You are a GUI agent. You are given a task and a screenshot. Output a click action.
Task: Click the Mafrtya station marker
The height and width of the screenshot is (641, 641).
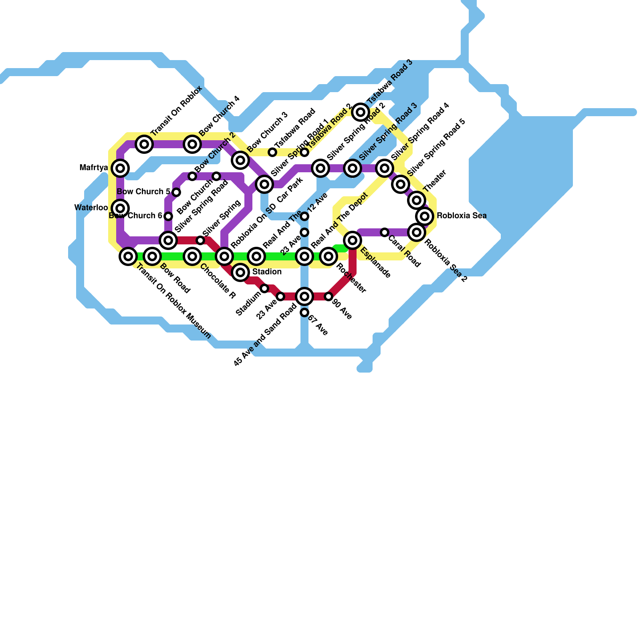[120, 168]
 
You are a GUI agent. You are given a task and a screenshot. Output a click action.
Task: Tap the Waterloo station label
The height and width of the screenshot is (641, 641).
[91, 208]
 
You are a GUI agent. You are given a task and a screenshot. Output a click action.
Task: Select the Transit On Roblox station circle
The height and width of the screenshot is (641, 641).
[144, 144]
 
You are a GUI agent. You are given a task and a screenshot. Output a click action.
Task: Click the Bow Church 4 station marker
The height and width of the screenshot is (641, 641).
[192, 144]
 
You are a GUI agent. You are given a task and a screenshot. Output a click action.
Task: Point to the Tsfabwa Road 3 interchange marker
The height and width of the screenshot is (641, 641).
[361, 112]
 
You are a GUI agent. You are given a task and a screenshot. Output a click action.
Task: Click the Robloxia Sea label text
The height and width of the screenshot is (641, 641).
[462, 216]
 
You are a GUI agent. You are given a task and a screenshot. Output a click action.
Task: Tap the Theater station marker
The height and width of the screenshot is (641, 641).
[417, 200]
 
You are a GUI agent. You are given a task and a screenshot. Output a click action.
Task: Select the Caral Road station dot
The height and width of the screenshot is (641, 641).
[385, 232]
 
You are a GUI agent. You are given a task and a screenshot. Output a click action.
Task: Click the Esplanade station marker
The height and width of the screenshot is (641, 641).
[353, 240]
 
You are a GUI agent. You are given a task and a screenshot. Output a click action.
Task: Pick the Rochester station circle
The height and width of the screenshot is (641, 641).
[329, 256]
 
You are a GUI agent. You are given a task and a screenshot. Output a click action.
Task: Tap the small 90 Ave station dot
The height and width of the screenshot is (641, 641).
[329, 296]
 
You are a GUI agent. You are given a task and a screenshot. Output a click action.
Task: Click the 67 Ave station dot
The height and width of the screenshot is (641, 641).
[304, 312]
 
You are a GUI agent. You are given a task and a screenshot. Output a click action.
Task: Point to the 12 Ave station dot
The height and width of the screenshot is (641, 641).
[304, 216]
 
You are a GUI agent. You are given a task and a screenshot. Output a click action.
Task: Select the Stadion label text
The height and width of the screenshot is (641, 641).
[267, 272]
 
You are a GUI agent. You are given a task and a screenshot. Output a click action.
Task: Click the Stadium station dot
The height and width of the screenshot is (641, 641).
[264, 288]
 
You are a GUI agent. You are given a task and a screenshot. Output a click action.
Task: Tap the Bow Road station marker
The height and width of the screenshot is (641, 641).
[152, 256]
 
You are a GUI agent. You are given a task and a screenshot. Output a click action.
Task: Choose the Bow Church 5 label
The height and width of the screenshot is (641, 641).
[143, 192]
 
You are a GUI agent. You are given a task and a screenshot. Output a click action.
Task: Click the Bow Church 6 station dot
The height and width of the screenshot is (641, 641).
[168, 216]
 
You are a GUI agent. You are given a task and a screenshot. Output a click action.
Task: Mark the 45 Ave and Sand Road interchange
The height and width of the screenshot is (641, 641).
[304, 296]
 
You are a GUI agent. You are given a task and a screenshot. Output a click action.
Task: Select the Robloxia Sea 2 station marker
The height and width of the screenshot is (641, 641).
[417, 232]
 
